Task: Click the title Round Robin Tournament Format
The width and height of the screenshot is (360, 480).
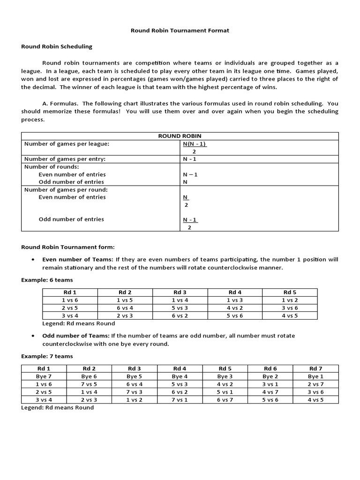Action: tap(180, 30)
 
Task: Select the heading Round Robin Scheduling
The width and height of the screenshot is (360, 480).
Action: tap(57, 46)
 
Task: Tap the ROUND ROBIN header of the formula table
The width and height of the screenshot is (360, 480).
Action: tap(180, 136)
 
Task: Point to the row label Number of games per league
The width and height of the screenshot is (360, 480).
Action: tap(70, 144)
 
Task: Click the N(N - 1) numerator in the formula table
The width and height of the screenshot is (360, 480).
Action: tap(194, 144)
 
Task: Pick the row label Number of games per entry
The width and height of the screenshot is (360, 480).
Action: tap(65, 159)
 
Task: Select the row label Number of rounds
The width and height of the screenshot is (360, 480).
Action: tap(52, 166)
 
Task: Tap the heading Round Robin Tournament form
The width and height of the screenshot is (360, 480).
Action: tap(68, 247)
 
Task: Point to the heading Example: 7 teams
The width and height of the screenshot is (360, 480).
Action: tap(47, 356)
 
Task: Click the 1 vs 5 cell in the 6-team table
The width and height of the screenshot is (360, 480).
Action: tap(125, 300)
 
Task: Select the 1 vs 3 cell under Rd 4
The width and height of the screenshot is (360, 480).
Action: tap(235, 300)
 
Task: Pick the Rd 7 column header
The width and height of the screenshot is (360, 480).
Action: tap(315, 368)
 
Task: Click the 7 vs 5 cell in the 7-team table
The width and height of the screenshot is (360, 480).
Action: tap(89, 384)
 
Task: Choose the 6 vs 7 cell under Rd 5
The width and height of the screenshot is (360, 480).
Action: tap(225, 400)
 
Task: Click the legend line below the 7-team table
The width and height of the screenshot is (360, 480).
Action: tap(57, 408)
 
